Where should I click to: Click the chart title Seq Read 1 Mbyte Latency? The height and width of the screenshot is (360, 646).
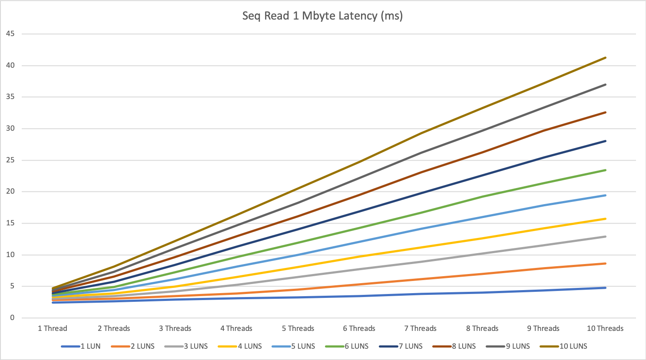322,16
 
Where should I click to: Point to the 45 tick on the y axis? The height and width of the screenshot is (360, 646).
10,34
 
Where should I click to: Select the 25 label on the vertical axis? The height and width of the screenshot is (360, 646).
10,160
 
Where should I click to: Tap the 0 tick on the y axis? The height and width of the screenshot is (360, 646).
12,318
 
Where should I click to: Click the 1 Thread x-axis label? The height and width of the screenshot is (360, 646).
53,328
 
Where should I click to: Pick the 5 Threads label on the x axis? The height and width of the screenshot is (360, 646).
298,328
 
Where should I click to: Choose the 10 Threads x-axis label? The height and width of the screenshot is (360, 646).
605,328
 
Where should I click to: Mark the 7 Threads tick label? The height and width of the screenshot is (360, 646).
421,328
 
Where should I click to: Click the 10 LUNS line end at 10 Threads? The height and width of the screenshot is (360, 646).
605,58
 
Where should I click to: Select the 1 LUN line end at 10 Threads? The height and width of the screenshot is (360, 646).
605,288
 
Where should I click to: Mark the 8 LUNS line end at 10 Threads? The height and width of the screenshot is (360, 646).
605,112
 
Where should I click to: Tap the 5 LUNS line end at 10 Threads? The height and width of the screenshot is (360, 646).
605,195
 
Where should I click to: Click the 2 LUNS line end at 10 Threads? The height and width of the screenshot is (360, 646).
605,264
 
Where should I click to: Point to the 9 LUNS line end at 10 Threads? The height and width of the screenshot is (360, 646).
605,85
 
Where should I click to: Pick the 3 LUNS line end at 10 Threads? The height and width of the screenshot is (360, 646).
605,237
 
